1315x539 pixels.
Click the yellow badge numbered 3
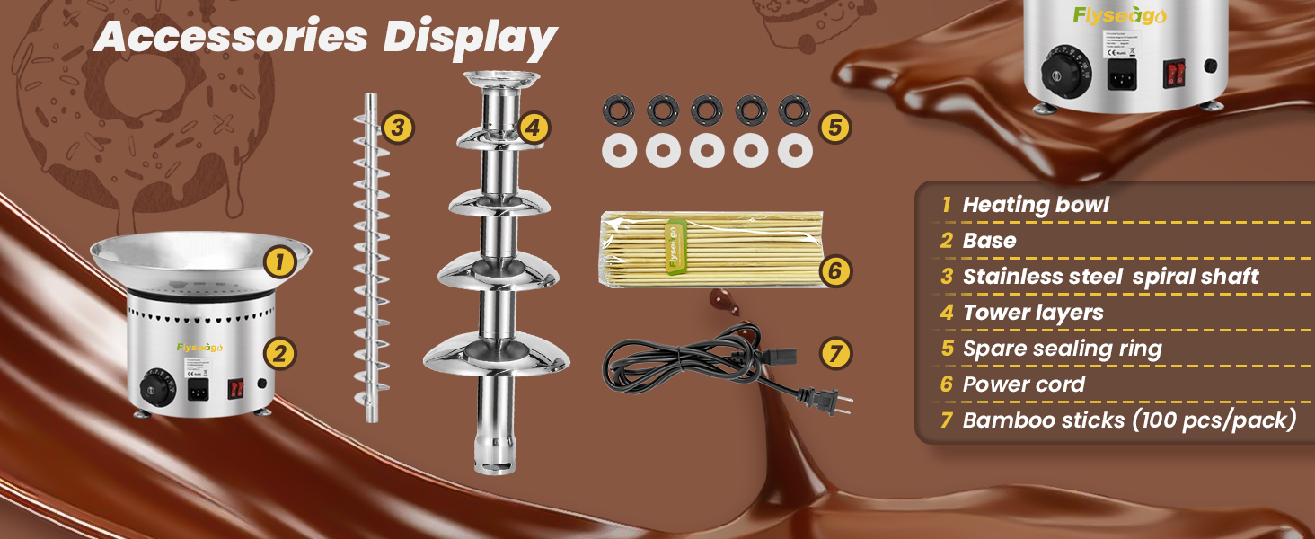398,128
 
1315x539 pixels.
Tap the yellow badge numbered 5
834,128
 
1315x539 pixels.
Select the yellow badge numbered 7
835,353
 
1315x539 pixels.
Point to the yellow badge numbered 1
280,262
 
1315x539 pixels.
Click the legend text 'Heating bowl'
1036,205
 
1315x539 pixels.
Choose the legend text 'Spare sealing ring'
1062,349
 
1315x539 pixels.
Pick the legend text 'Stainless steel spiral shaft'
1110,277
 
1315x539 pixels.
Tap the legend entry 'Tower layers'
1033,313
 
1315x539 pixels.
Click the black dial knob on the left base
155,388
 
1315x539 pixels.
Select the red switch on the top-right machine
1174,73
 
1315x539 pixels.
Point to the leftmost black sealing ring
619,110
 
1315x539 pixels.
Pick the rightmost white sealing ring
795,150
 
